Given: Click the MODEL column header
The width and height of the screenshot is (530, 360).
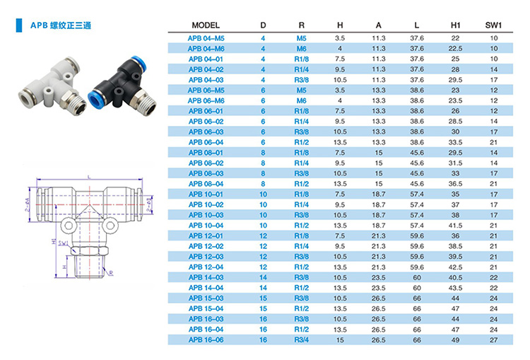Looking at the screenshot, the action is [206, 25].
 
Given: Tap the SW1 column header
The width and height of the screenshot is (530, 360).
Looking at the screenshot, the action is [493, 25].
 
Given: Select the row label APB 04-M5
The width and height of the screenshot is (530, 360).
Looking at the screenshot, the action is [206, 38].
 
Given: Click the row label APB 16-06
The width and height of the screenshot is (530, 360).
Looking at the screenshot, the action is [206, 339].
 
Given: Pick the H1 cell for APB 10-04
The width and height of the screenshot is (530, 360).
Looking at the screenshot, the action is [455, 226].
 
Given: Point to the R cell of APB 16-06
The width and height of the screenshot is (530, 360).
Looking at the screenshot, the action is [302, 339].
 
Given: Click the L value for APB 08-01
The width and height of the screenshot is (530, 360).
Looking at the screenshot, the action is [417, 153].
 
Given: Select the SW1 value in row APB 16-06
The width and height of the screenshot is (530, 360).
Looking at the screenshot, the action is [493, 339].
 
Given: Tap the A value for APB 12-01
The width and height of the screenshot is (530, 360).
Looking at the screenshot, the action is [379, 236].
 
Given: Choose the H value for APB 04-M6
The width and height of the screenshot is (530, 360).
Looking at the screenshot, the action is [340, 49].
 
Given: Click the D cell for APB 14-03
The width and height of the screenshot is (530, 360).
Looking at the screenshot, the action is [263, 277].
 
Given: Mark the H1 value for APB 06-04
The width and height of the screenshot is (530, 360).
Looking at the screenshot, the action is [455, 142].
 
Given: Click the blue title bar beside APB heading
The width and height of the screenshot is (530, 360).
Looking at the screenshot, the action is [19, 25].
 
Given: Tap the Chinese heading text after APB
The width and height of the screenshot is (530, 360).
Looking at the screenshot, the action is [71, 25].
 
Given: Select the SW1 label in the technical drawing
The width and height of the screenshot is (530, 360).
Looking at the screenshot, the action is [63, 243].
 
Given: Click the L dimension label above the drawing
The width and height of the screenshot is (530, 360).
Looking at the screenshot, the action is [89, 177].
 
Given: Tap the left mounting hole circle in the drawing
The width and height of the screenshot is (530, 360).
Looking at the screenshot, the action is [69, 226].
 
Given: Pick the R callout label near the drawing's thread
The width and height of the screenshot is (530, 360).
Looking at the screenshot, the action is [111, 273].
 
